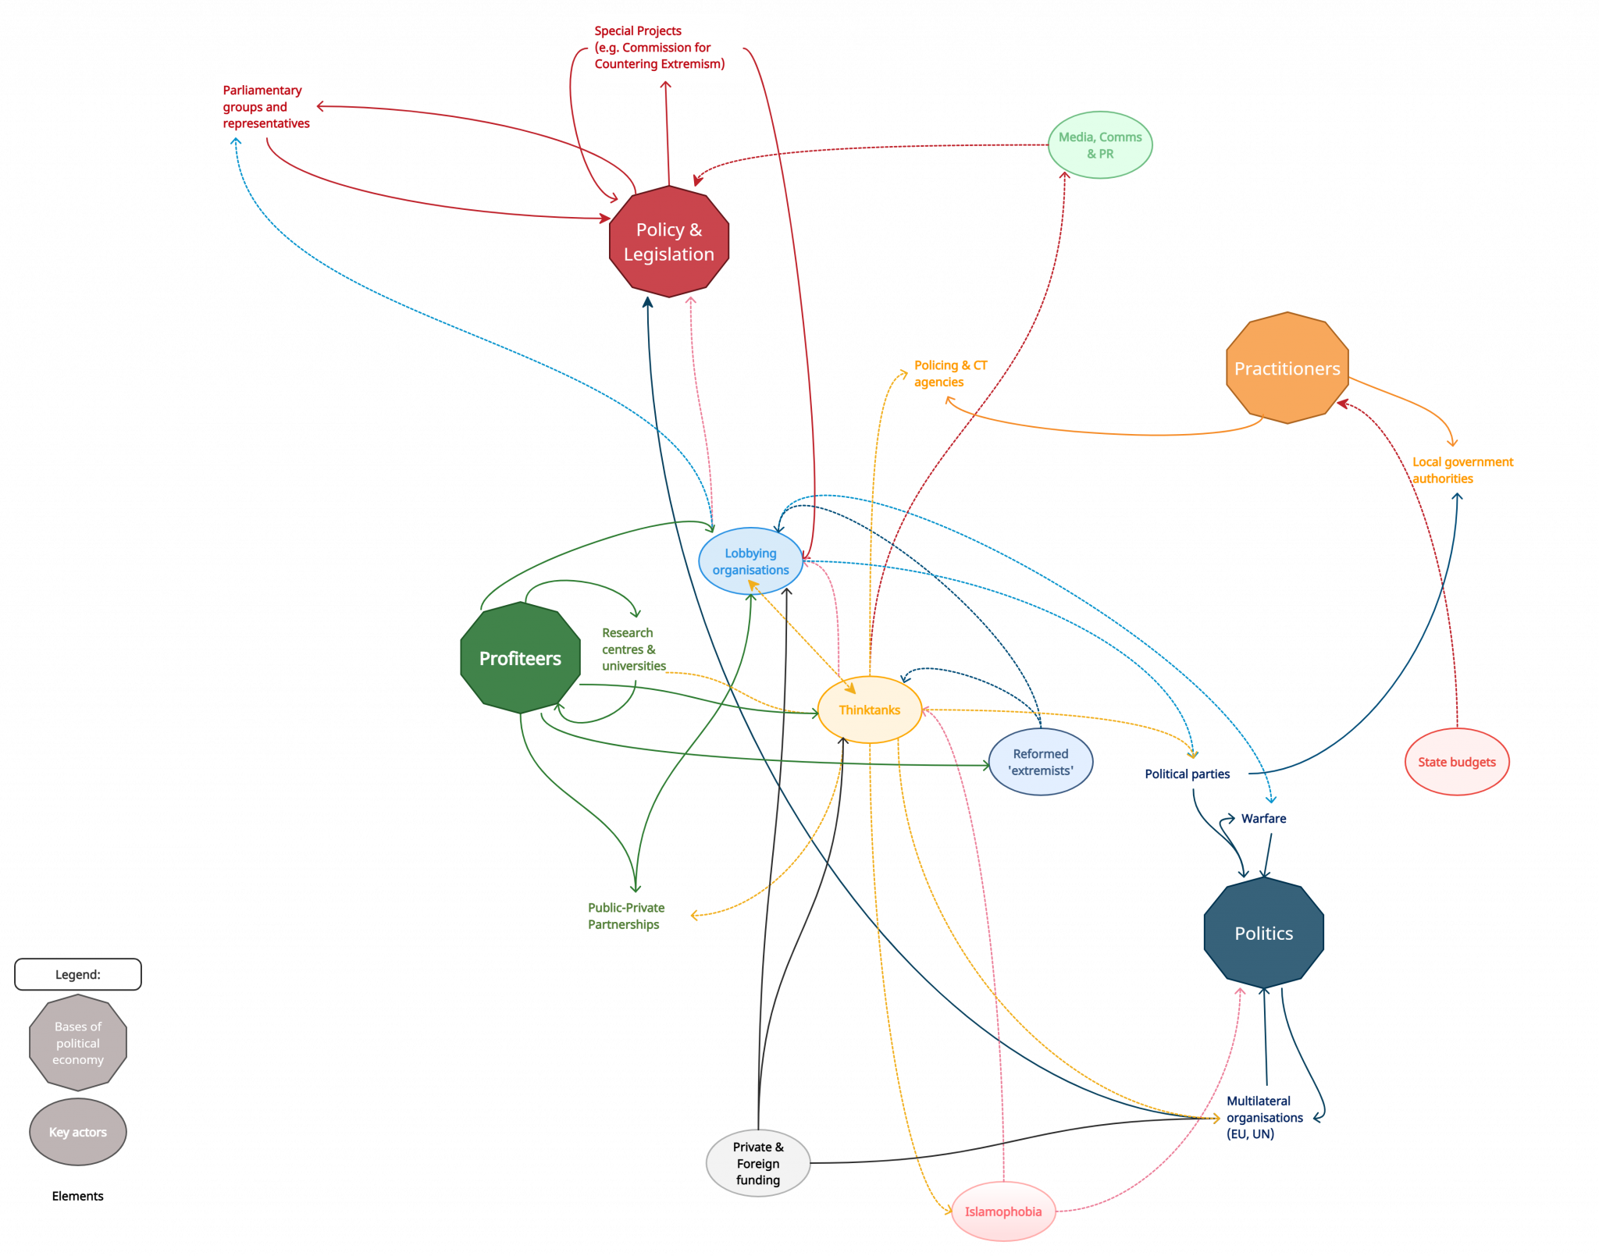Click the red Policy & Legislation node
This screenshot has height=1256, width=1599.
(669, 241)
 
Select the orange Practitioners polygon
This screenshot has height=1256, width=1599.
(1287, 368)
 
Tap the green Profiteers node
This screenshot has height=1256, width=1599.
(521, 657)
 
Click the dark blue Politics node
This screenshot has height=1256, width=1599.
(1264, 933)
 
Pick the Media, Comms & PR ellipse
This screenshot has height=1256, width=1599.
(1100, 145)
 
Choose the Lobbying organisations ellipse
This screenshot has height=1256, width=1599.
(750, 561)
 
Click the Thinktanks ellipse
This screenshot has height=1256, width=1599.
(870, 710)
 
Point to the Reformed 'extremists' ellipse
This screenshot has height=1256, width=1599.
(1041, 762)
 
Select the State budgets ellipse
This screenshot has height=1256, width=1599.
(1457, 762)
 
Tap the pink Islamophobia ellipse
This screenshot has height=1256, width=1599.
(1003, 1212)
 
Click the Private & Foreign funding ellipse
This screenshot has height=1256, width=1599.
(758, 1163)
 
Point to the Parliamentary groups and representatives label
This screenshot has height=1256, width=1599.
(266, 107)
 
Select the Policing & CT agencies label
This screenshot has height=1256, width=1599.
(951, 373)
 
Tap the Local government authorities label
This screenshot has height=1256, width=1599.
(1462, 470)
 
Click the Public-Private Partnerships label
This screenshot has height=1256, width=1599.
(626, 916)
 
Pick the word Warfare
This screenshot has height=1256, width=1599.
(1263, 818)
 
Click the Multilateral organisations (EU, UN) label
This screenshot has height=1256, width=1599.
(1265, 1117)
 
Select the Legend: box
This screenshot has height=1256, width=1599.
(78, 974)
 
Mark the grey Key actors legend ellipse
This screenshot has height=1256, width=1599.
(78, 1132)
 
